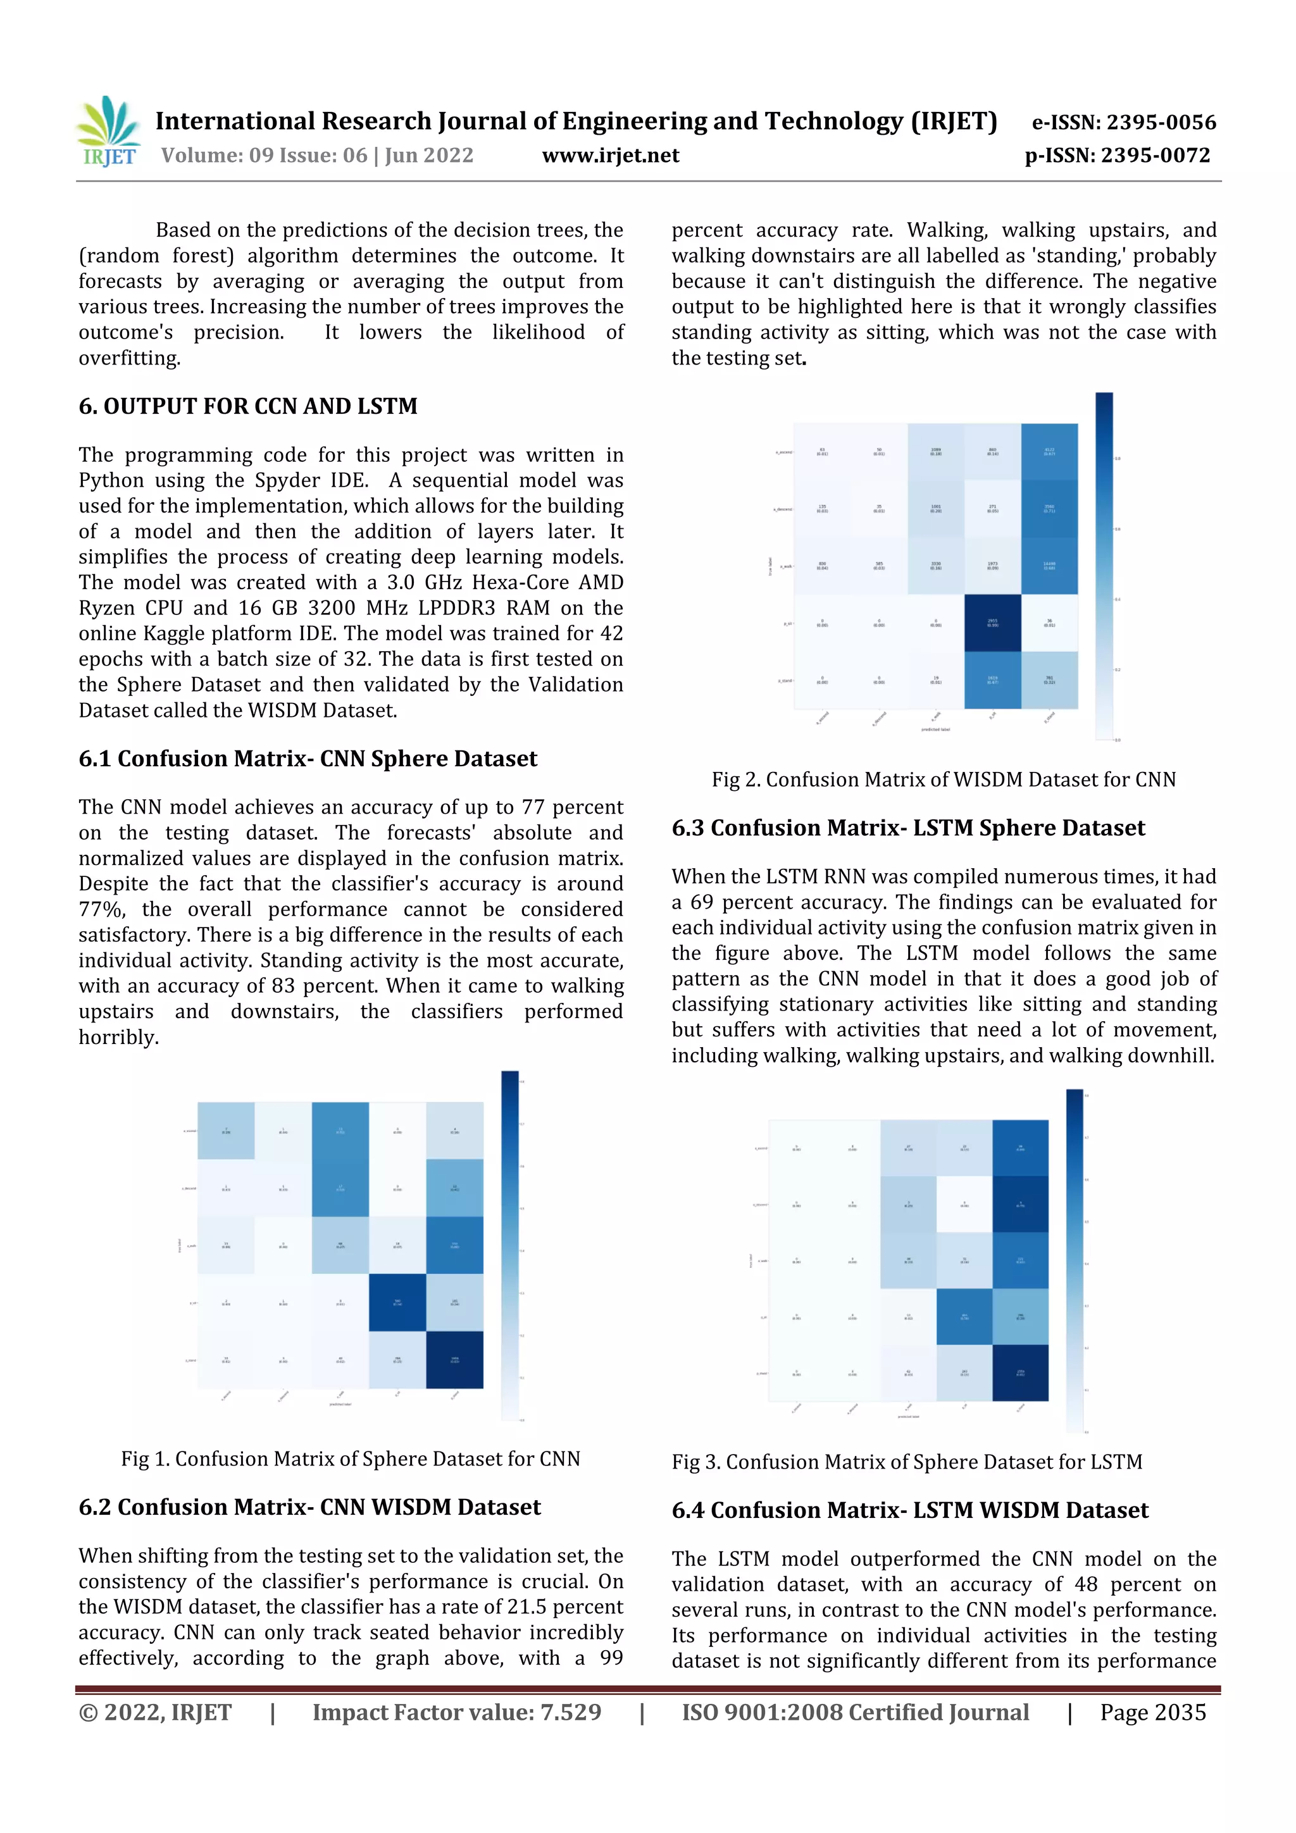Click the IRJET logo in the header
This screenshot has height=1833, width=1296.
(109, 132)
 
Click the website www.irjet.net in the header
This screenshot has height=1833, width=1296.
(610, 156)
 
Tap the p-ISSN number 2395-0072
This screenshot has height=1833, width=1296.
(1156, 156)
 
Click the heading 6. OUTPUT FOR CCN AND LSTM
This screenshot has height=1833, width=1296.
(247, 406)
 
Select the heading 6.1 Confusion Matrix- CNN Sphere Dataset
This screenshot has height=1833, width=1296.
(308, 759)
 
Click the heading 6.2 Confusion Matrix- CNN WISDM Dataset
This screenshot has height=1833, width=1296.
(310, 1507)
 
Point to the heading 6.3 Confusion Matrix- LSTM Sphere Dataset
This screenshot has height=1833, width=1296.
(908, 828)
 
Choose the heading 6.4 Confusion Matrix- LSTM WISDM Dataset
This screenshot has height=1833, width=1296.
(909, 1510)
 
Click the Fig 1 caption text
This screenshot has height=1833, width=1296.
(351, 1459)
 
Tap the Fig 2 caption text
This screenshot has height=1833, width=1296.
(943, 780)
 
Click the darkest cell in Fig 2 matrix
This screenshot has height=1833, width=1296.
(992, 623)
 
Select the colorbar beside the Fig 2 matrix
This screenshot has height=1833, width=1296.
(1104, 566)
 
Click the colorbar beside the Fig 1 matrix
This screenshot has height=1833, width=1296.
(509, 1245)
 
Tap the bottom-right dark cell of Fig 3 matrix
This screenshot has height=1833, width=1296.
(1019, 1372)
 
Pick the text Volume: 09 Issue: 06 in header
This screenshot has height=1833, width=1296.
(263, 156)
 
